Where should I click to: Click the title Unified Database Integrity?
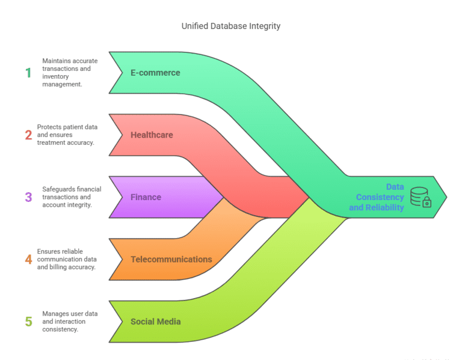pos(231,26)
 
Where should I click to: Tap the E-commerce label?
pos(155,73)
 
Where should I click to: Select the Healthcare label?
pos(152,135)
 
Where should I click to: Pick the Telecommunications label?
pos(171,259)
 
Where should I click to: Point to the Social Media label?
pos(156,322)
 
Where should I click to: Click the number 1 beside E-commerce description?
pos(28,73)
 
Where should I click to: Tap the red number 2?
pos(28,135)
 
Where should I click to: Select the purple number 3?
pos(28,197)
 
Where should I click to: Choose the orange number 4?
pos(28,259)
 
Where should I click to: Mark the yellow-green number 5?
pos(28,322)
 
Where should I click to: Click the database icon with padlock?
pos(420,197)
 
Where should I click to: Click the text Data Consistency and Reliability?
pos(377,197)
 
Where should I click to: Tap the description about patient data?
pos(66,135)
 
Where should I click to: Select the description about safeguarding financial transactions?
pos(72,197)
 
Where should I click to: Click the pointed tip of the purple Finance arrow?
pos(224,197)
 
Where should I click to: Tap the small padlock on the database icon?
pos(427,203)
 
